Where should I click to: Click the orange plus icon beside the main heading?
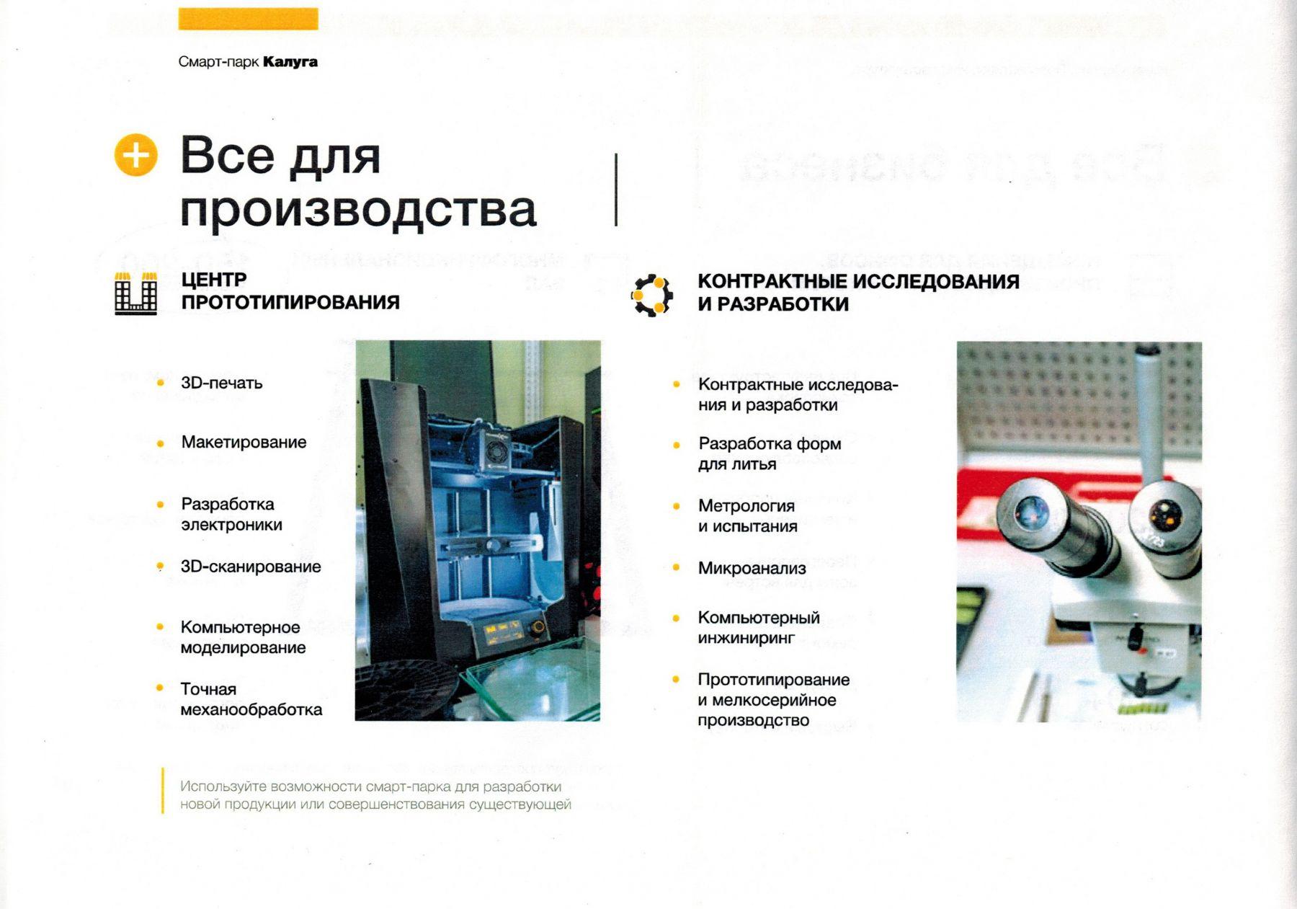[135, 155]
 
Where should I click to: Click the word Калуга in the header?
[290, 62]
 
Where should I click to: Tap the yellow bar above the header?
[248, 19]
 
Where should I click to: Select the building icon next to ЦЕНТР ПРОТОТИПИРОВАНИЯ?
[136, 293]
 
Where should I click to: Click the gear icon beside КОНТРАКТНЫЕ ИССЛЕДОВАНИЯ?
[652, 295]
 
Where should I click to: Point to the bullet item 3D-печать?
[222, 383]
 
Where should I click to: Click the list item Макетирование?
[244, 442]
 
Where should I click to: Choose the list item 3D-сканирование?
[251, 567]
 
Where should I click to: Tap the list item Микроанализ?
[752, 568]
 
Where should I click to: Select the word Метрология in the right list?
[746, 506]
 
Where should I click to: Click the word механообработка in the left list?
[251, 709]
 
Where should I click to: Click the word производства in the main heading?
[358, 209]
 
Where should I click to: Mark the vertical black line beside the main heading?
[616, 190]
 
